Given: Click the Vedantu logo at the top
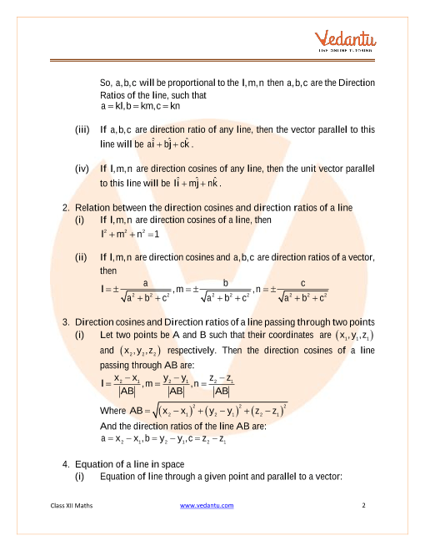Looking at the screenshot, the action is point(342,43).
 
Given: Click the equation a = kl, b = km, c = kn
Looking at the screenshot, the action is point(134,106).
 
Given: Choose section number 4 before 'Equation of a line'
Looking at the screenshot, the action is point(65,463).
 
